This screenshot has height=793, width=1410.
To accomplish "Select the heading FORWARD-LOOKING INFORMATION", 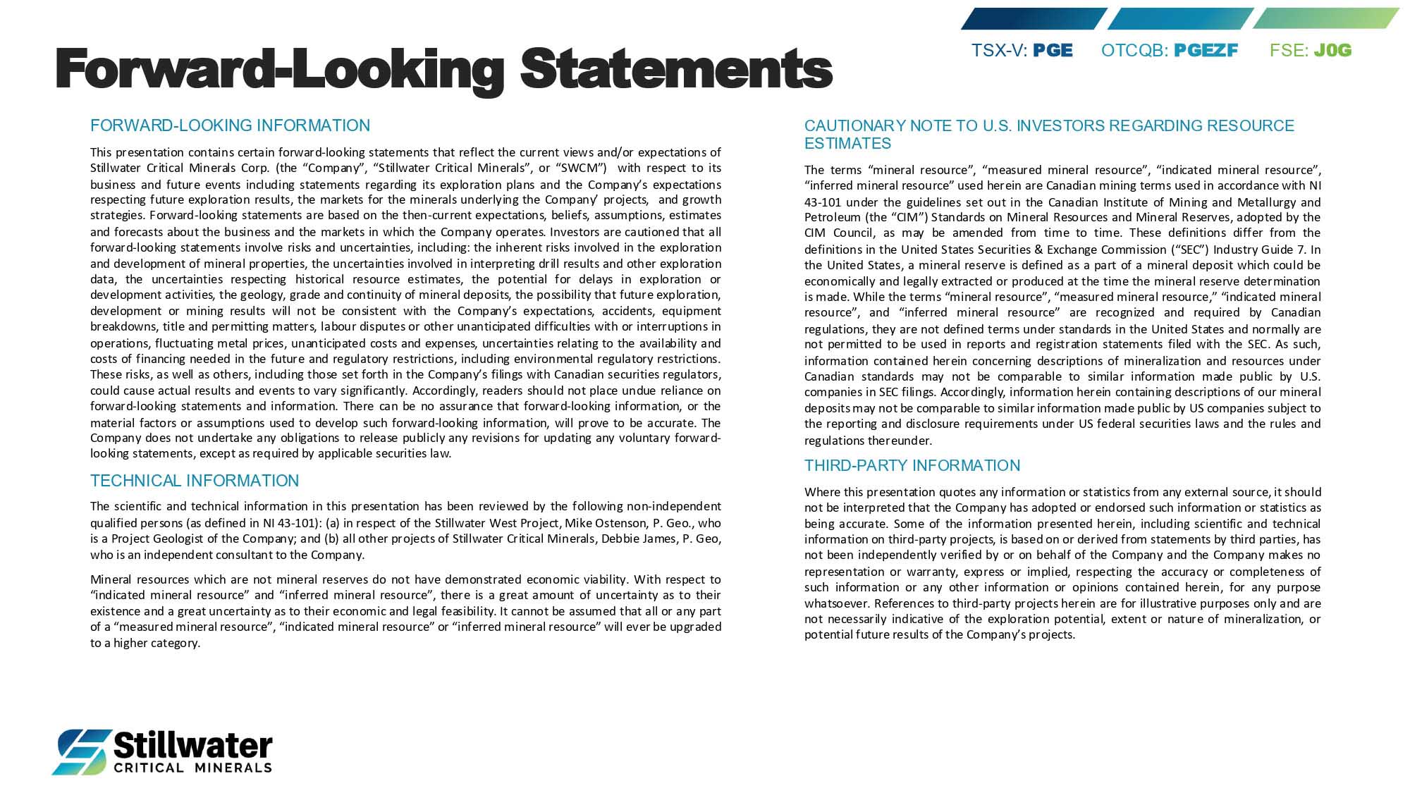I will [230, 125].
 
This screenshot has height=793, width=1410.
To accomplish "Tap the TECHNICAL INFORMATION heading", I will [195, 481].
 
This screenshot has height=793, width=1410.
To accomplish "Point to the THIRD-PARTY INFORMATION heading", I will [912, 465].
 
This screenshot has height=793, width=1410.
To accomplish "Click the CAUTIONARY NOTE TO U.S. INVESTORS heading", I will [1048, 126].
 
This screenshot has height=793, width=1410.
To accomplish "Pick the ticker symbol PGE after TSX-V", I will [1053, 51].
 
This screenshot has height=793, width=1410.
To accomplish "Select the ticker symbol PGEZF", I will [1206, 51].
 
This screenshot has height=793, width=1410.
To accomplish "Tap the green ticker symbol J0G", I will [1332, 51].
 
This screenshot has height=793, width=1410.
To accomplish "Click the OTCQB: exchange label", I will [1134, 51].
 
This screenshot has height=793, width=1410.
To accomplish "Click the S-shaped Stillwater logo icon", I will [82, 751].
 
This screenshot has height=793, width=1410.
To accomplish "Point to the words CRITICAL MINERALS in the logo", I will [192, 768].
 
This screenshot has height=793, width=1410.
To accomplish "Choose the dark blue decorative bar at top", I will [1033, 18].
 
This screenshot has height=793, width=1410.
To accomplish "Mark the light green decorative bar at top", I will [1325, 18].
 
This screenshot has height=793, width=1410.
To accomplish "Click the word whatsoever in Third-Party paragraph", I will [837, 603].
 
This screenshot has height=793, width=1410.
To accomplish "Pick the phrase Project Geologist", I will [156, 539].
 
